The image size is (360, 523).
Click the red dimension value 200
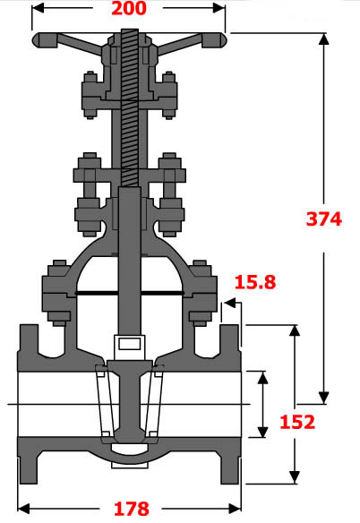tap(128, 11)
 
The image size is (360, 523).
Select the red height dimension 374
tap(323, 219)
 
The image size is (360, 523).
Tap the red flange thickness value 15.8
tap(254, 283)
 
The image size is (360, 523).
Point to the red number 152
tap(296, 423)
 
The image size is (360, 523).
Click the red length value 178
tap(130, 509)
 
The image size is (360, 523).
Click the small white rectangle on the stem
tap(128, 343)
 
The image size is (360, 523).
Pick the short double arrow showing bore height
tap(262, 404)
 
